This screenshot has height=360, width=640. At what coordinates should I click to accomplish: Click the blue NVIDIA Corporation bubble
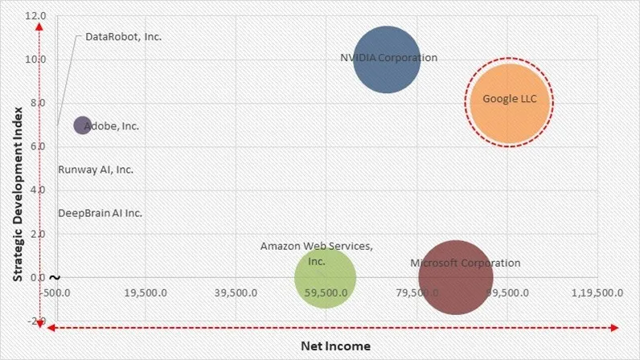click(387, 59)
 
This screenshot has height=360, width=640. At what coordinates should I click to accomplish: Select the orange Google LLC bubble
click(509, 101)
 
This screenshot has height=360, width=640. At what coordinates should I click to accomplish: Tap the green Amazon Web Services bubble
click(325, 277)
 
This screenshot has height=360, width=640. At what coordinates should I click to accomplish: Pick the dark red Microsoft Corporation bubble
click(455, 277)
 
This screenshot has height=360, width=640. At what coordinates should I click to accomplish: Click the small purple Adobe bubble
click(82, 125)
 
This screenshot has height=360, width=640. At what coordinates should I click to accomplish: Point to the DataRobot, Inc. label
click(123, 37)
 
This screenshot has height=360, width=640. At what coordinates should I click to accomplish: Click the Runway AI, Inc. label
click(96, 170)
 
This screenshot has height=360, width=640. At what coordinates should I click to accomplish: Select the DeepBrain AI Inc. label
click(100, 213)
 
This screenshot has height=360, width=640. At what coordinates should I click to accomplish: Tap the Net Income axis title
click(335, 346)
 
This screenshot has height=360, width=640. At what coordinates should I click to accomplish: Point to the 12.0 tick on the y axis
click(35, 16)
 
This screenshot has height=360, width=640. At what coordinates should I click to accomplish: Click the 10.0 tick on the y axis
click(35, 59)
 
